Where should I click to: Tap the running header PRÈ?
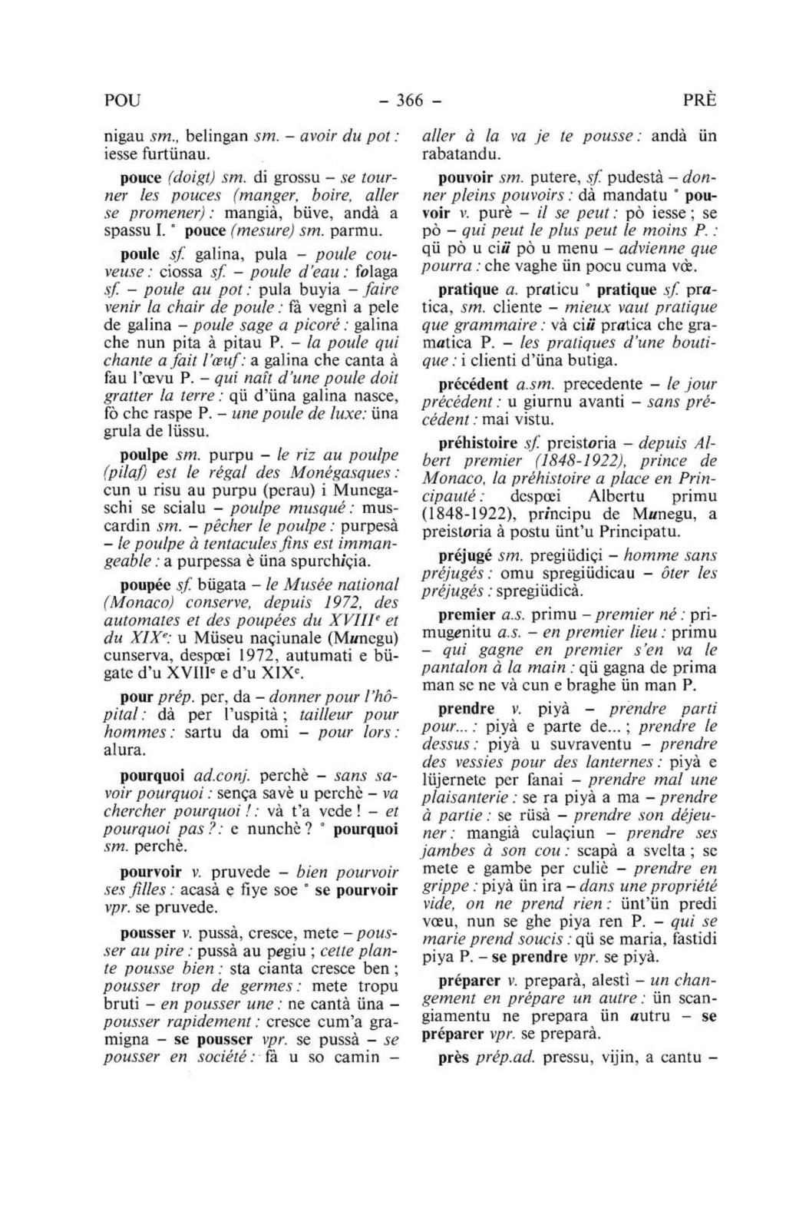(x=698, y=101)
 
